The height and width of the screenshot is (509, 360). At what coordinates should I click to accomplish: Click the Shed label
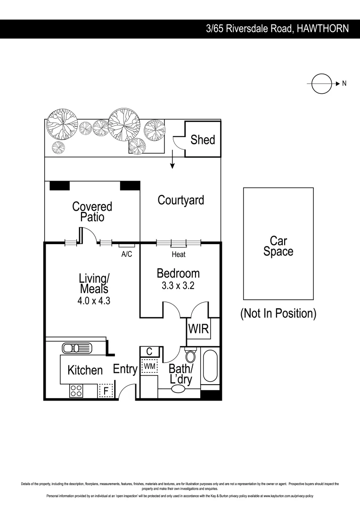point(203,140)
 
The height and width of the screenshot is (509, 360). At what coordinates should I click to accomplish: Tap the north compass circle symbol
point(320,83)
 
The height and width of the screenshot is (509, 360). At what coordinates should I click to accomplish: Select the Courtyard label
point(181,200)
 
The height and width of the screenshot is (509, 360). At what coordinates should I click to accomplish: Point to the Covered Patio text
point(92,212)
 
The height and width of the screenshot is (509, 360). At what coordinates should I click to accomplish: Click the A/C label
point(127,254)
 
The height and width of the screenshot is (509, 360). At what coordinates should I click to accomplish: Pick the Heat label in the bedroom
point(179,254)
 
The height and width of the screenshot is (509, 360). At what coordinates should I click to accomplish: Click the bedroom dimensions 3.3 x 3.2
point(178,286)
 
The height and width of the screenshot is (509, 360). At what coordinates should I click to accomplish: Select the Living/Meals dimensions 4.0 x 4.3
point(94,301)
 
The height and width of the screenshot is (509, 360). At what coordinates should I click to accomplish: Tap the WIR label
point(198,329)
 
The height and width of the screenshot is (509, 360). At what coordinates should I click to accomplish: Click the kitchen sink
point(77,348)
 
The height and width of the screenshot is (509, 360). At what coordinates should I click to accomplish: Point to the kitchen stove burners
point(76,391)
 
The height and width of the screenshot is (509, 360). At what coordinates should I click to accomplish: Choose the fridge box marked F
point(106,391)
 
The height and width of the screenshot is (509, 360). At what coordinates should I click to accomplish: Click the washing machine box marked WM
point(149,366)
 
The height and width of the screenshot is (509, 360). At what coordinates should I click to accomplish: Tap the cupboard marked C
point(149,352)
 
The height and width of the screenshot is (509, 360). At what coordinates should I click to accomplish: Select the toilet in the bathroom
point(190,355)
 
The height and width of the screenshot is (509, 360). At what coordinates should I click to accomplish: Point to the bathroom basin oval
point(178,389)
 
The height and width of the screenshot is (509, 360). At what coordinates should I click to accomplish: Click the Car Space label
point(278,246)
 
